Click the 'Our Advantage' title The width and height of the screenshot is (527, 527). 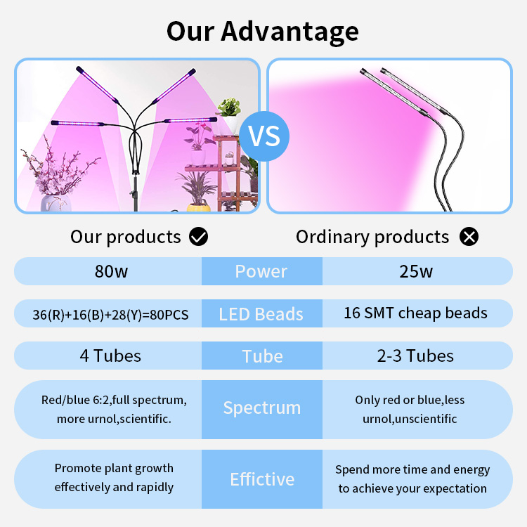263,32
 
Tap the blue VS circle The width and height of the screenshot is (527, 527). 264,136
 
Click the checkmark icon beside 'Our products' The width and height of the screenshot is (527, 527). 198,236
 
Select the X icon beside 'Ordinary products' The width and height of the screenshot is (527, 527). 469,236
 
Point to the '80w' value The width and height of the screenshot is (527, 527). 111,271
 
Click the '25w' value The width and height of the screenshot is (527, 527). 416,271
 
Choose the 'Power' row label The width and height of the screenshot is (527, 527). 261,271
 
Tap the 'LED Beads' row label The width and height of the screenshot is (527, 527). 261,314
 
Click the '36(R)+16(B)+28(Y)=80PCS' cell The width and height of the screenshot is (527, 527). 110,315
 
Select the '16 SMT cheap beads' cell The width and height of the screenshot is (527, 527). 415,313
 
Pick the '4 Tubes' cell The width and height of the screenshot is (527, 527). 110,356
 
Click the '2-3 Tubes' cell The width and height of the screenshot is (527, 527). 415,356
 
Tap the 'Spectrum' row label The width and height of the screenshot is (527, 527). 262,408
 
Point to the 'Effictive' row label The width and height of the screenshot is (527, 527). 262,479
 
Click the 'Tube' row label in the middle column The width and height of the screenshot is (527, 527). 262,356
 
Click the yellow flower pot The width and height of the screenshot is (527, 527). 199,208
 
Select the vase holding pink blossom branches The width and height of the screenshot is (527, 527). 56,203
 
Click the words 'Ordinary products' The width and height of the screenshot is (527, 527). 372,238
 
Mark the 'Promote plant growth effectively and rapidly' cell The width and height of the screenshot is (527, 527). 114,478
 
